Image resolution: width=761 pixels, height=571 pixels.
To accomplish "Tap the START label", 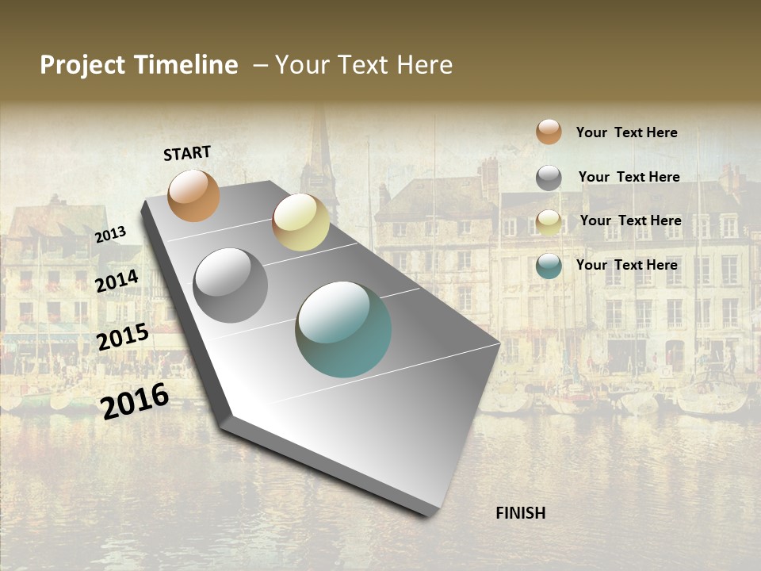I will click(187, 153).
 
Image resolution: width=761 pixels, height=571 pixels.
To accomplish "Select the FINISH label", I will click(521, 513).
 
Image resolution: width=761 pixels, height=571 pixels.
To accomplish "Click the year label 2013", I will click(110, 235).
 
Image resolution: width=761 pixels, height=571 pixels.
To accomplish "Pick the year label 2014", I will click(117, 281).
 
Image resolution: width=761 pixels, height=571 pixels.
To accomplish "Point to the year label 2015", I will click(123, 337).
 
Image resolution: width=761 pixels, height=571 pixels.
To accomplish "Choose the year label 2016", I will click(135, 401).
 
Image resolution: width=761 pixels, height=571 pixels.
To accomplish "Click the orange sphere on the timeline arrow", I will click(194, 195).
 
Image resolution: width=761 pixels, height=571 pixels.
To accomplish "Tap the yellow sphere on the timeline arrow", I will click(300, 222).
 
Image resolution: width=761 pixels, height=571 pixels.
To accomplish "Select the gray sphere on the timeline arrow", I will click(231, 285).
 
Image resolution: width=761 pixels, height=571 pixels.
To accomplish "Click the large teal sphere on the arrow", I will click(343, 329).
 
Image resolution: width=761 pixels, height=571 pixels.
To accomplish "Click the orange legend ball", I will click(549, 132).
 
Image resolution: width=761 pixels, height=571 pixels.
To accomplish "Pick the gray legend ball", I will click(549, 178).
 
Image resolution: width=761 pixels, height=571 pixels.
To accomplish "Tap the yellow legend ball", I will click(549, 222).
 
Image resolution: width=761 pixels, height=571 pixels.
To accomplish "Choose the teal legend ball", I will click(549, 266).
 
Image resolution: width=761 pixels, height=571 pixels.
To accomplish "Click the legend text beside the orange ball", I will click(627, 132).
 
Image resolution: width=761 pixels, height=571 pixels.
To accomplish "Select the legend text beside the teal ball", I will click(627, 265).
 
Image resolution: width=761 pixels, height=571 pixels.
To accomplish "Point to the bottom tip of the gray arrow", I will click(429, 514).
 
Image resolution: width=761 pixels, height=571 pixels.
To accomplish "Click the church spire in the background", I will click(321, 151).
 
